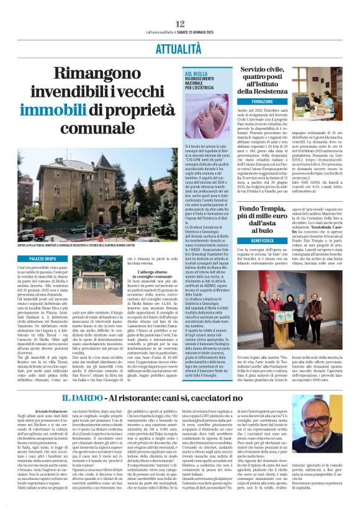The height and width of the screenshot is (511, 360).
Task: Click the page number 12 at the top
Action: (180, 23)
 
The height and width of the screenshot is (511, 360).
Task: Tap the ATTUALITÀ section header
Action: (180, 47)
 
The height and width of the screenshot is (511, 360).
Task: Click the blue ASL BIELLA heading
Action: (197, 75)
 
